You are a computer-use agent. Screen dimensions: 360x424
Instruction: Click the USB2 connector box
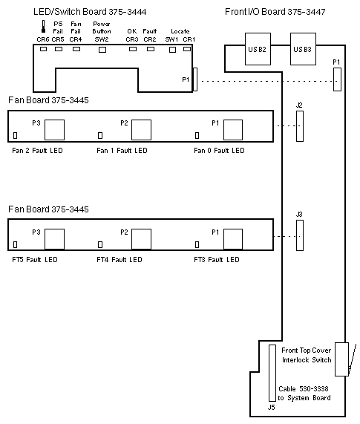tap(258, 49)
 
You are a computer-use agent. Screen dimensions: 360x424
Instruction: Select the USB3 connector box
tap(303, 49)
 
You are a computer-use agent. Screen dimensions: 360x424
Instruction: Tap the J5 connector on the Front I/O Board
tap(272, 373)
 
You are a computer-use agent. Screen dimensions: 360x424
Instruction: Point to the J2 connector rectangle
tap(300, 126)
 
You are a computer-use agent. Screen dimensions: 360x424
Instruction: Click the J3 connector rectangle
tap(300, 235)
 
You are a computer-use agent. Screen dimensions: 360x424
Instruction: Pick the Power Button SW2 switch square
tap(102, 50)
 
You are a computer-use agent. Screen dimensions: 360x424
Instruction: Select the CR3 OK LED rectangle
tap(133, 49)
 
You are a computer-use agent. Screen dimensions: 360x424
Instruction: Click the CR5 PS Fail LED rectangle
tap(59, 49)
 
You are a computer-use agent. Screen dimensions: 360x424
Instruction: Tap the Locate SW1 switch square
tap(172, 50)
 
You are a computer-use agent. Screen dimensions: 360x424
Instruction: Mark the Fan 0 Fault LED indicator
tap(197, 135)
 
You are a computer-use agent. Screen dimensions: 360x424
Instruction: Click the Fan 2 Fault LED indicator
tap(16, 135)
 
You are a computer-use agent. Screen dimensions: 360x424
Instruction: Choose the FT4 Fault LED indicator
tap(100, 244)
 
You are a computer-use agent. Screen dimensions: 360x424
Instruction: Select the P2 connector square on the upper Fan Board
tap(141, 130)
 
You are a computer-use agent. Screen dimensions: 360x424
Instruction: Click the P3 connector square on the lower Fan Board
tap(55, 239)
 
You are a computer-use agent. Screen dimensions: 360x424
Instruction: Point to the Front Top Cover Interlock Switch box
tap(341, 359)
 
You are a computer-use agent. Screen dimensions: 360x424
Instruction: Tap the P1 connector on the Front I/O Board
tap(337, 79)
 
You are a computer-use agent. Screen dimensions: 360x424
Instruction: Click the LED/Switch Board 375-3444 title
tap(90, 12)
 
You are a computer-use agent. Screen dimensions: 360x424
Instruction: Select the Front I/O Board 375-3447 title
tap(275, 12)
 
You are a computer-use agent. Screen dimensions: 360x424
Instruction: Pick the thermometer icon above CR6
tap(43, 27)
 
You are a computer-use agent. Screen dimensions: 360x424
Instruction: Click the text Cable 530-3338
tap(304, 389)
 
